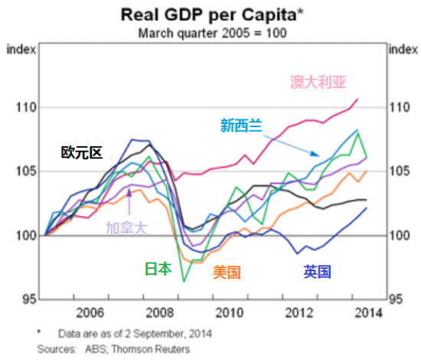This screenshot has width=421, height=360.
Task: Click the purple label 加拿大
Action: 126,227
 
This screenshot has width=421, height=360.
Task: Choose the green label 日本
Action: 158,269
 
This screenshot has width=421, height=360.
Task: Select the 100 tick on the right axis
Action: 400,235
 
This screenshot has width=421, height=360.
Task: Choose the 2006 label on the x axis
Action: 90,312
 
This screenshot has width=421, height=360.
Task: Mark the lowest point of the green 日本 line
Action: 184,282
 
